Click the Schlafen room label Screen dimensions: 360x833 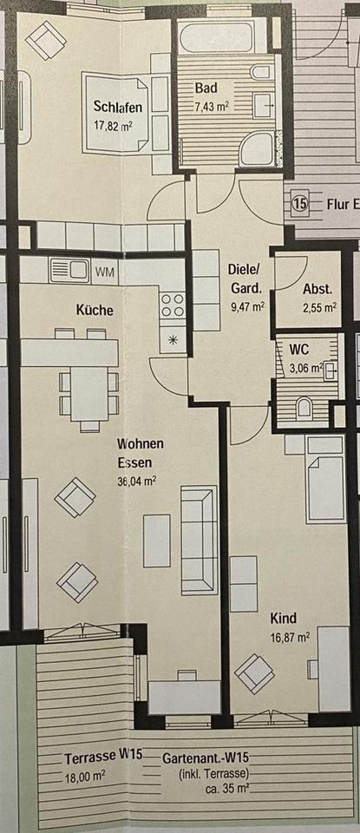[x=118, y=107]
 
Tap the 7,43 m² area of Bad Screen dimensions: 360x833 [x=212, y=106]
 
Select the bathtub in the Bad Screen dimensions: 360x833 [x=222, y=36]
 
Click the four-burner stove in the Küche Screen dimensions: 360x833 [x=173, y=305]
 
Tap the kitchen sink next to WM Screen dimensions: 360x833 [x=70, y=271]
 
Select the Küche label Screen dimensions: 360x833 [x=95, y=310]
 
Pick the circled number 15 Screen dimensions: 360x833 [x=300, y=203]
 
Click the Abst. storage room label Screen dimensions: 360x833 [x=317, y=290]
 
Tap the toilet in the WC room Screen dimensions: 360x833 [x=304, y=409]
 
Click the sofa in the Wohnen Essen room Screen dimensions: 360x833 [x=200, y=540]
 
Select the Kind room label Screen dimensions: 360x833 [x=284, y=619]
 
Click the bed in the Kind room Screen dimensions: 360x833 [x=325, y=479]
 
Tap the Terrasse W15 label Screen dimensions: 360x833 [x=103, y=758]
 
